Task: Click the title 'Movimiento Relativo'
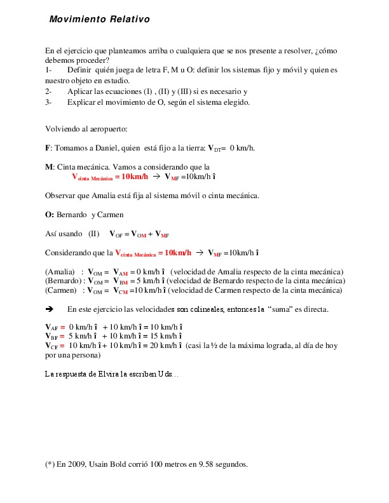[100, 20]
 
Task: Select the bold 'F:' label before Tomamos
[48, 148]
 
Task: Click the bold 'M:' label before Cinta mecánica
[49, 167]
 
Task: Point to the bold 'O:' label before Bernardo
[49, 214]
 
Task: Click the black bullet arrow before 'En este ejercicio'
[49, 309]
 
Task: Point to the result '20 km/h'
[162, 345]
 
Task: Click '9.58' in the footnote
[189, 464]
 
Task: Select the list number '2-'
[48, 91]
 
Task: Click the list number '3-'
[48, 102]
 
